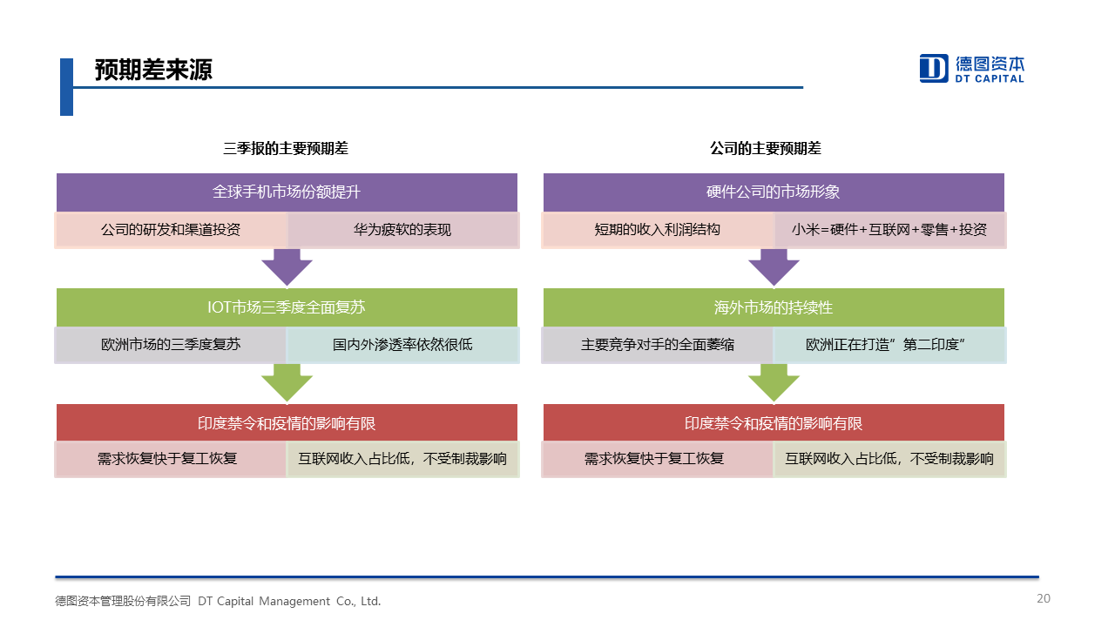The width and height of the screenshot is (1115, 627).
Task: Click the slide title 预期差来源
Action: click(153, 71)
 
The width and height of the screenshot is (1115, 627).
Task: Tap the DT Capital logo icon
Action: click(933, 68)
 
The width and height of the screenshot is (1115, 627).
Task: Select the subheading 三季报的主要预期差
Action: click(286, 149)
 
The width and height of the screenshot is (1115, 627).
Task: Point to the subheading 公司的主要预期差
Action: click(765, 149)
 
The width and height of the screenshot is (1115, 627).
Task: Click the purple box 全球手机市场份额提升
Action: click(287, 192)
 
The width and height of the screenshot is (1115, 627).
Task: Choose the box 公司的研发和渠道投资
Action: click(171, 230)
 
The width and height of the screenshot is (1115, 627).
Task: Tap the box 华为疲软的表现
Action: click(402, 230)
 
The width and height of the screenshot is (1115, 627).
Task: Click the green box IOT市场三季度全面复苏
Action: click(287, 307)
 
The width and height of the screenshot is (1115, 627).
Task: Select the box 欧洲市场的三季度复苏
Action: click(171, 345)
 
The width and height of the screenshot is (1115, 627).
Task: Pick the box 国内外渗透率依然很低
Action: click(402, 345)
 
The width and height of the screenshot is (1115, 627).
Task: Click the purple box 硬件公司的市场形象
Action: click(774, 192)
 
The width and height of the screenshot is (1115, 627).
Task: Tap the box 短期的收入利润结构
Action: click(658, 230)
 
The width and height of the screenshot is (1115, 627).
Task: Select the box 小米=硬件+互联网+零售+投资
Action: click(889, 230)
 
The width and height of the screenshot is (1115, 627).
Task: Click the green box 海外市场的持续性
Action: click(774, 307)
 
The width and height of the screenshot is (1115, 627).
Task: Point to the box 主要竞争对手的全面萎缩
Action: click(658, 345)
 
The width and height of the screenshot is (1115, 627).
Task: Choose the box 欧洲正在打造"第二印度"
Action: click(889, 345)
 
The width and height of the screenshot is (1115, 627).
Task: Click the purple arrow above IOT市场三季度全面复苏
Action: click(287, 266)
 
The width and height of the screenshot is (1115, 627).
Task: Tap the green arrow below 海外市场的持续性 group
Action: click(774, 382)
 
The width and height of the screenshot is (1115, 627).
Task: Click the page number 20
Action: click(1044, 598)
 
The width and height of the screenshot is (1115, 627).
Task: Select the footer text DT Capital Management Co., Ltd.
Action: click(289, 601)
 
